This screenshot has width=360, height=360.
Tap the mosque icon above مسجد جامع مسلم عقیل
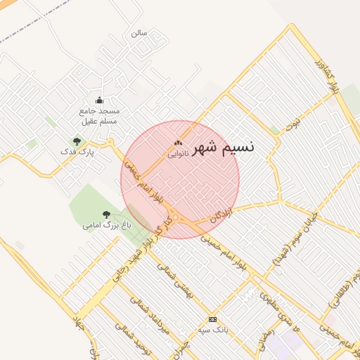pyautogui.click(x=99, y=100)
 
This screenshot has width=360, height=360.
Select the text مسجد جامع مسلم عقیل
pyautogui.click(x=99, y=116)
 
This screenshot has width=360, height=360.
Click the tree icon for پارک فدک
pyautogui.click(x=77, y=141)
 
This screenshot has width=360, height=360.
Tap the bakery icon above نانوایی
pyautogui.click(x=177, y=143)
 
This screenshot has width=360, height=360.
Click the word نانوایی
pyautogui.click(x=178, y=152)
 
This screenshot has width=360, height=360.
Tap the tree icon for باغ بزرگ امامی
pyautogui.click(x=106, y=214)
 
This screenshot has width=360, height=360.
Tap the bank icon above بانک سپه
pyautogui.click(x=213, y=319)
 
